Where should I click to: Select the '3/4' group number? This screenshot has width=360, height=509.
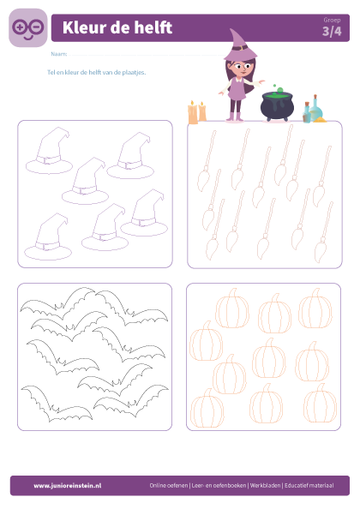332,32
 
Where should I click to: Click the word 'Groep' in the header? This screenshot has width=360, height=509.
332,20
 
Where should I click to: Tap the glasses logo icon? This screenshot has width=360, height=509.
28,28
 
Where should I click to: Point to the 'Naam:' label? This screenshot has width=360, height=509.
59,54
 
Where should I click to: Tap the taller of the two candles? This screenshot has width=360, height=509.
193,112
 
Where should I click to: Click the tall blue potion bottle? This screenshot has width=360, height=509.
315,109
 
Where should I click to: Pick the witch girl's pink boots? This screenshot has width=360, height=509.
235,117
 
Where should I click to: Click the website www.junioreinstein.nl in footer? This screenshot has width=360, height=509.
68,486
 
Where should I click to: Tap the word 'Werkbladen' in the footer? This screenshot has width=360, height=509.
265,486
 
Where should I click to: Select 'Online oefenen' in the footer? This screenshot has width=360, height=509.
169,486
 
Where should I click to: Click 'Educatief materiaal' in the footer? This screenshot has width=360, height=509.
309,486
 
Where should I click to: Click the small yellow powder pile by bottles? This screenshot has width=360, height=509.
320,120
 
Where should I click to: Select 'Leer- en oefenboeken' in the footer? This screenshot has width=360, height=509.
219,486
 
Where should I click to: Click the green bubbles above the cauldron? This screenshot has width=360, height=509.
278,88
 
